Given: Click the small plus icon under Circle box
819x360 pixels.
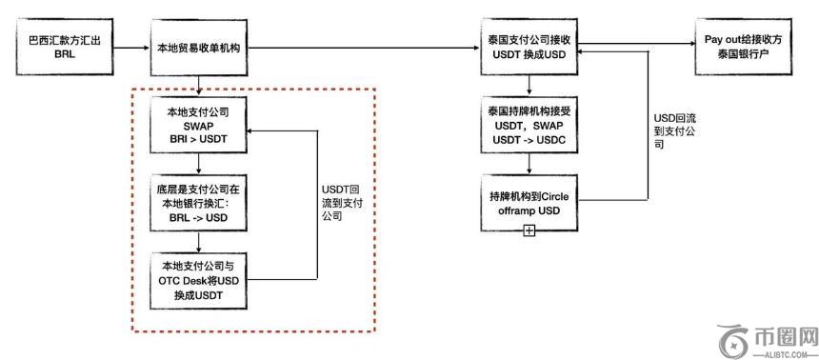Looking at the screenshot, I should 529,231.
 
